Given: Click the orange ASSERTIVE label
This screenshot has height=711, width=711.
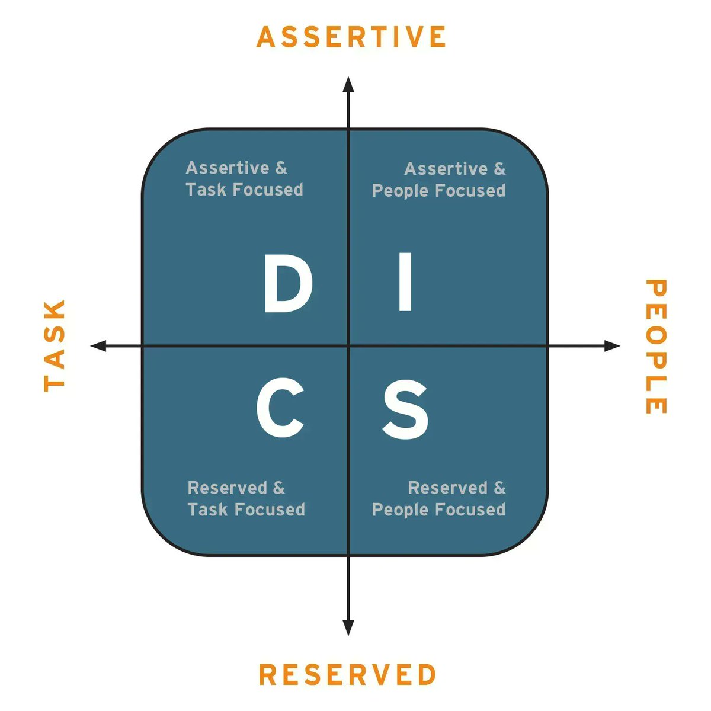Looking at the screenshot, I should coord(351,37).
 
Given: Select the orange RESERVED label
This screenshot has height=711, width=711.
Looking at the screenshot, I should coord(348,675).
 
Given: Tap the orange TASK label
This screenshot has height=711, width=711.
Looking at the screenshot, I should coord(54,345).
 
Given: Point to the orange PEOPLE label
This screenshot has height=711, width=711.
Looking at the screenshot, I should coord(656,347).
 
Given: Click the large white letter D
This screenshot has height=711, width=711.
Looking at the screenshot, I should coord(287,283).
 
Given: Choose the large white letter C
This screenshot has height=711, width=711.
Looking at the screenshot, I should coord(280,408).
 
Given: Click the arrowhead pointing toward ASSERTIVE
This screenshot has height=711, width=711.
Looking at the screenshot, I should coord(349,84).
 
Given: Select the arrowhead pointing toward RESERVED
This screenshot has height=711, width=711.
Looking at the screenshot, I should coord(348,628).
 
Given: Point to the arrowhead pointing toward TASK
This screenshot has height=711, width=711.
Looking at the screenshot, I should coord(98,345).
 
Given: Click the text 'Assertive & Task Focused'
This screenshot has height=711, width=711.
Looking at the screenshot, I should coord(244,179).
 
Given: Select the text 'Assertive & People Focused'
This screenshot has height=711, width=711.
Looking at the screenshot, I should coord(439,180).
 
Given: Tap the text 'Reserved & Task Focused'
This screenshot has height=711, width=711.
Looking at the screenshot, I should coord(246,499).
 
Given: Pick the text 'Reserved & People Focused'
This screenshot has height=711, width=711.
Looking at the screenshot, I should coord(439,499).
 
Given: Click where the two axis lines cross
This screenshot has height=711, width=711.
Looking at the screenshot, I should coord(348,345).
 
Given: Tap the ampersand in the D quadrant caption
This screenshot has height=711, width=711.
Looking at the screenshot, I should coord(281,168).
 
